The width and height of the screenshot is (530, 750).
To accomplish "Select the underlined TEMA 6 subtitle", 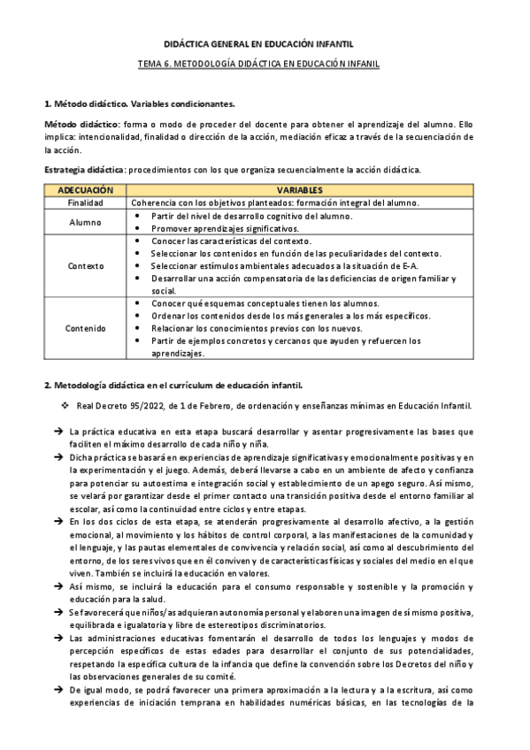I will [x=265, y=65].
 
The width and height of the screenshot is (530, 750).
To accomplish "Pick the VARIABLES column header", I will [x=299, y=190].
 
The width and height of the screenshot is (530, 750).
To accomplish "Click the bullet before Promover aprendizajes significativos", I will [x=138, y=228].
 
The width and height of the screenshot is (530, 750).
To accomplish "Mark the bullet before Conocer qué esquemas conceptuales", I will [x=138, y=303].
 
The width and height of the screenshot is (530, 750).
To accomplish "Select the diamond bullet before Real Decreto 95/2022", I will [x=65, y=406].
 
